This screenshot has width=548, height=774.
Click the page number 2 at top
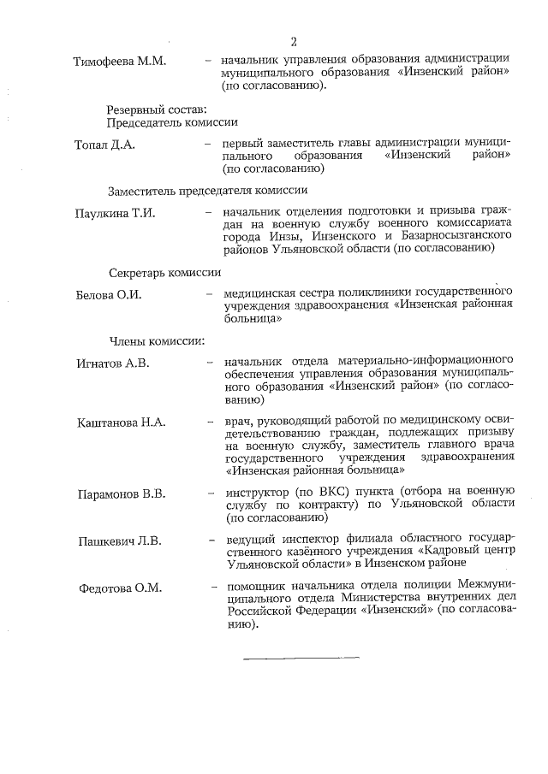[294, 42]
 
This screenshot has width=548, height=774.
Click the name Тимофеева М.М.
[120, 62]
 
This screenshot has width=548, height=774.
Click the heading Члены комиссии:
[157, 342]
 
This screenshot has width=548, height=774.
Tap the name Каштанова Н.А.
[121, 422]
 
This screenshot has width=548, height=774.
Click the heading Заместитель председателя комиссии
[207, 190]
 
